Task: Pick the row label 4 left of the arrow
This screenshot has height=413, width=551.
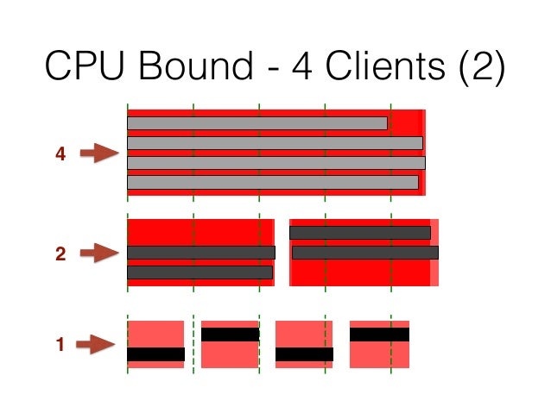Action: click(x=60, y=154)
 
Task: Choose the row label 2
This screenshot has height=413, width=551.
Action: click(x=60, y=253)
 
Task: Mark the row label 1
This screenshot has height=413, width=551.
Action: click(x=60, y=345)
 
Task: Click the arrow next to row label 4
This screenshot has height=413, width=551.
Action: click(x=98, y=153)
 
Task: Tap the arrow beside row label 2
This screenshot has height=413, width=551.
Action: click(x=98, y=253)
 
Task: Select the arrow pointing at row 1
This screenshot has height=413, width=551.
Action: click(x=96, y=345)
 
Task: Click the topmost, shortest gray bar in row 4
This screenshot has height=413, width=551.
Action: click(x=256, y=123)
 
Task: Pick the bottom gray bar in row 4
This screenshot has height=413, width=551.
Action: click(x=272, y=182)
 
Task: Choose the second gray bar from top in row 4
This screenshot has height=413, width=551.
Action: click(x=275, y=142)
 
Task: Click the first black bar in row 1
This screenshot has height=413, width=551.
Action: click(x=155, y=354)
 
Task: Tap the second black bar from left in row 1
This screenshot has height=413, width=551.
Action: click(x=230, y=334)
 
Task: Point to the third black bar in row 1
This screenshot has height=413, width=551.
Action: click(x=304, y=354)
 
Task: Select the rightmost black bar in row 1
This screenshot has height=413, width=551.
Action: click(x=379, y=334)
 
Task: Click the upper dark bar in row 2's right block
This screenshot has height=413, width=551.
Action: click(x=359, y=232)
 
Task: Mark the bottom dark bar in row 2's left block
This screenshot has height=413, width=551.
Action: click(x=199, y=272)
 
